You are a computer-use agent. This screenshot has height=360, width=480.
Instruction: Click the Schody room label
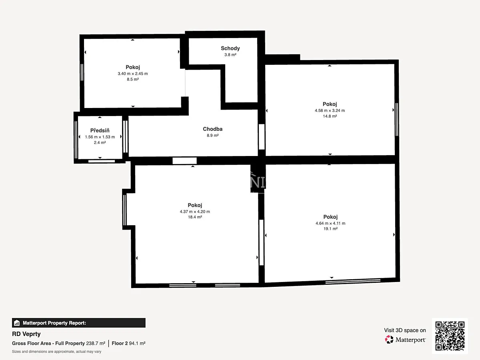pyautogui.click(x=230, y=48)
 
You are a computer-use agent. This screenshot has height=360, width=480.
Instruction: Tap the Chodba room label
pyautogui.click(x=212, y=129)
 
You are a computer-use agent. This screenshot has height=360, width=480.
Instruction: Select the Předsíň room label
pyautogui.click(x=100, y=130)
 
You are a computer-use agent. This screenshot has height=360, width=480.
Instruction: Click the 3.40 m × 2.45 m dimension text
pyautogui.click(x=133, y=74)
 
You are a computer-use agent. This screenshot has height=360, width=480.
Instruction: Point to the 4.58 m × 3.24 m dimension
pyautogui.click(x=330, y=111)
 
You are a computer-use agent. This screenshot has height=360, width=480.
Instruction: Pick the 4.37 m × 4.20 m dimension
pyautogui.click(x=195, y=212)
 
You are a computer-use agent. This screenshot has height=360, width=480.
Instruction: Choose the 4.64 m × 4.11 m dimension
pyautogui.click(x=330, y=223)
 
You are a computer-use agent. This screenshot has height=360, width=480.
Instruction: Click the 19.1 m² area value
pyautogui.click(x=330, y=229)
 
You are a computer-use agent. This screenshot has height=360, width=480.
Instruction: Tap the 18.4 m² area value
pyautogui.click(x=195, y=217)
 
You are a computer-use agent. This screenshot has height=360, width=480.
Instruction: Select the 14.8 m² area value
pyautogui.click(x=330, y=116)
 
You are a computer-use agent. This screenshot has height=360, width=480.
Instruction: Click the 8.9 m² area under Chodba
pyautogui.click(x=212, y=136)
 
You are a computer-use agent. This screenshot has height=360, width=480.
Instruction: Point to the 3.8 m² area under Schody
pyautogui.click(x=230, y=55)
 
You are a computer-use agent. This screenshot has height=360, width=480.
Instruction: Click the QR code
pyautogui.click(x=450, y=336)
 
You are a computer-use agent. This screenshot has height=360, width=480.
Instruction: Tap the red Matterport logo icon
pyautogui.click(x=389, y=340)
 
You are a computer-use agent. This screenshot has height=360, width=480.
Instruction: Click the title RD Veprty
pyautogui.click(x=26, y=334)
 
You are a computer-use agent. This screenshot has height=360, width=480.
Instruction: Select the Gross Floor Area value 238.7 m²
pyautogui.click(x=96, y=343)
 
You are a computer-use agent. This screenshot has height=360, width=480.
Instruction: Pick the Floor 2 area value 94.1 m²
pyautogui.click(x=137, y=343)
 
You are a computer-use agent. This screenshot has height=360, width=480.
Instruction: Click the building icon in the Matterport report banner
pyautogui.click(x=17, y=323)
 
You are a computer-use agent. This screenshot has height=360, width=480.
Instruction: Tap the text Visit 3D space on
pyautogui.click(x=405, y=330)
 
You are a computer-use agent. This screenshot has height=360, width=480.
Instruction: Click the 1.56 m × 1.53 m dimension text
pyautogui.click(x=100, y=137)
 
